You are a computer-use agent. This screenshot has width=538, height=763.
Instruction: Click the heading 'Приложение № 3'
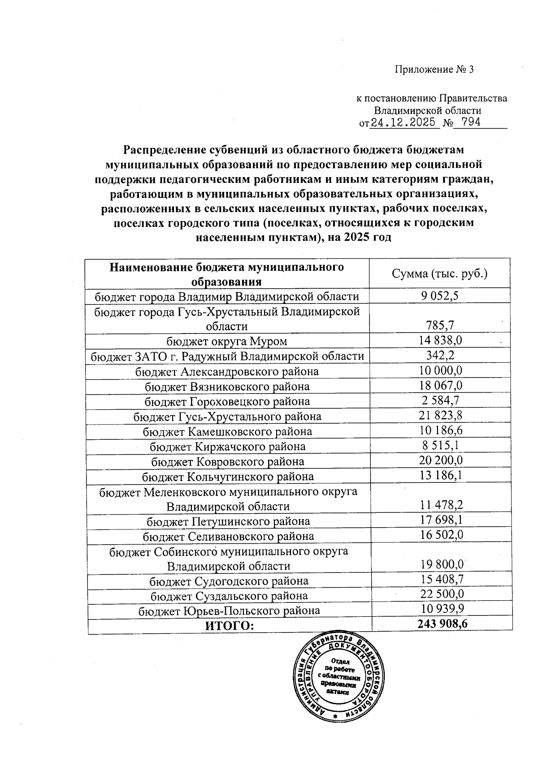pos(434,69)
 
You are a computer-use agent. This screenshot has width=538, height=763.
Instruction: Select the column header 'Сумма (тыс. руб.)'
pos(439,273)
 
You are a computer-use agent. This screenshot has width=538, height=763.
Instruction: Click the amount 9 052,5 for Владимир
pos(439,296)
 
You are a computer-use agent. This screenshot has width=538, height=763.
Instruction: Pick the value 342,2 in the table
pos(439,355)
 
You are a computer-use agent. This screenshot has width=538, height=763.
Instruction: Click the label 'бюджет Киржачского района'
pos(227,447)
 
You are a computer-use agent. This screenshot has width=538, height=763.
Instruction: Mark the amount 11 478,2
pos(442,506)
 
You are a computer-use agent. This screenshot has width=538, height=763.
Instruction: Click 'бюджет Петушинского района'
pos(228,521)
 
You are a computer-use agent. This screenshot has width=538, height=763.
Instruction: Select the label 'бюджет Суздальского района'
pos(229,596)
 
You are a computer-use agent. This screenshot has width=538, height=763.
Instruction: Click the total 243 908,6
pos(442,624)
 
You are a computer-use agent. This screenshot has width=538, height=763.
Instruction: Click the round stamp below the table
pos(339,680)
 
